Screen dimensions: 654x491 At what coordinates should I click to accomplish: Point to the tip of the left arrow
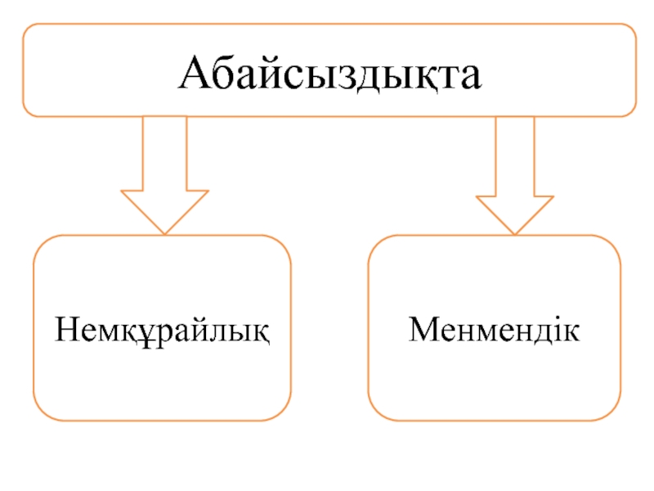point(164,232)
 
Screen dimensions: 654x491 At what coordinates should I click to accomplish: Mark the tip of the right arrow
point(515,233)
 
